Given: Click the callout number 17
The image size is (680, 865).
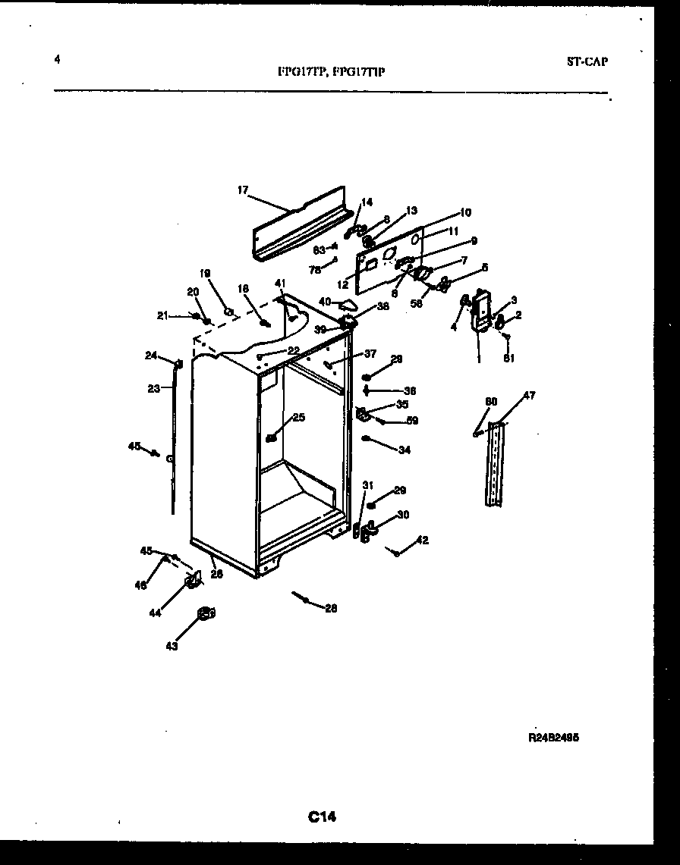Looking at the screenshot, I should point(242,190).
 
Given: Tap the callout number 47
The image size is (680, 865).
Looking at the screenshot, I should point(529,396).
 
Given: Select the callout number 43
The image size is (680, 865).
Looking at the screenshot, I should point(172,646).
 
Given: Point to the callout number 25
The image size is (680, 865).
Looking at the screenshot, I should point(298,417).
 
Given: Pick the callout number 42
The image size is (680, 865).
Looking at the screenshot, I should point(423,541).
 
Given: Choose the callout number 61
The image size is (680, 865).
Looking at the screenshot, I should point(508,359).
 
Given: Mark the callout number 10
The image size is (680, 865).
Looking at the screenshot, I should point(465,212).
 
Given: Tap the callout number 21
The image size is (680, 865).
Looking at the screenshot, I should point(162,315).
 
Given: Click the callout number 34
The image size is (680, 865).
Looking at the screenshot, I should point(404,450).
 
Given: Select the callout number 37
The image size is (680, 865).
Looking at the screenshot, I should point(370,353).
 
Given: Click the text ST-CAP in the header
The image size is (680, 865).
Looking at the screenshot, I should point(587,62).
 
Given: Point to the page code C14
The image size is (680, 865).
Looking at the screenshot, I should point(322,816).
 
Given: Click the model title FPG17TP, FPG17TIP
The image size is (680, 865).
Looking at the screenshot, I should point(331,73).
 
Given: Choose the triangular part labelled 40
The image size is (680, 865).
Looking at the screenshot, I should point(348,305).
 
